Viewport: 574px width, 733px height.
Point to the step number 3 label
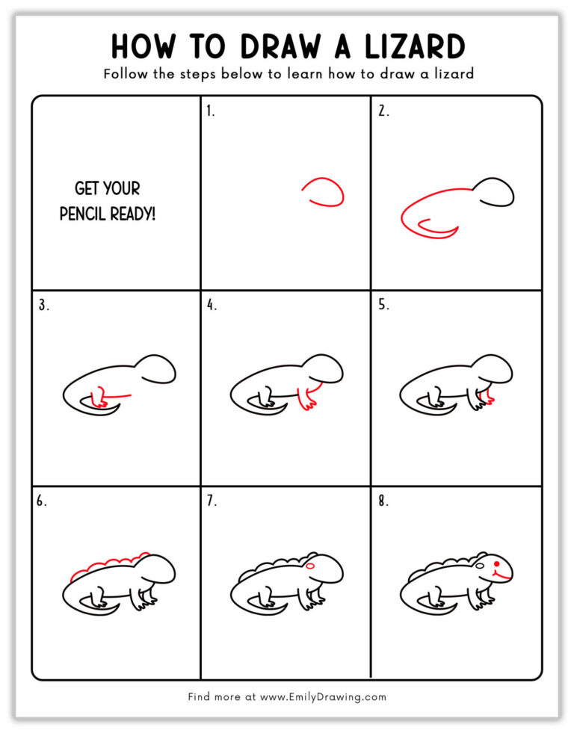[43, 305]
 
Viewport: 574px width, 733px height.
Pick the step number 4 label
[212, 305]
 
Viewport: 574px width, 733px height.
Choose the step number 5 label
[383, 305]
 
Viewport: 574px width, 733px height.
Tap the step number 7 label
[212, 501]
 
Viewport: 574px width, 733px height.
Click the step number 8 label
[383, 501]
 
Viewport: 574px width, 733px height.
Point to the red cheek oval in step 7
[311, 567]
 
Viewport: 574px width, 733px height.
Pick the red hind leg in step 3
[98, 397]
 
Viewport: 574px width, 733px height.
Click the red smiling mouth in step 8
[502, 576]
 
